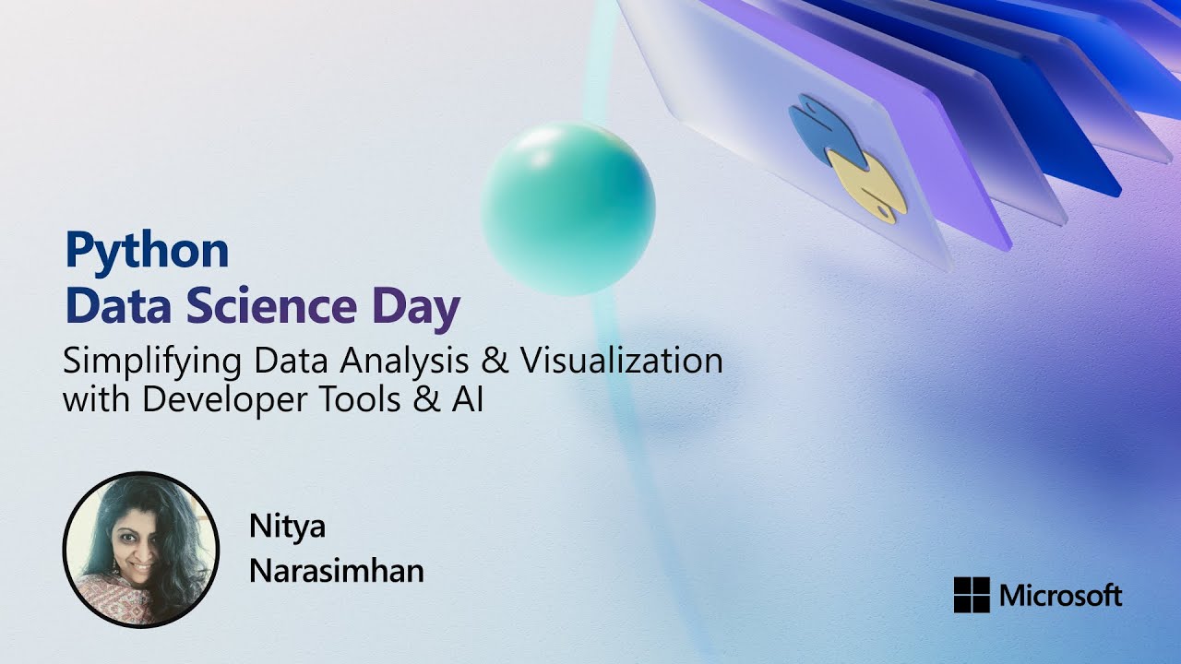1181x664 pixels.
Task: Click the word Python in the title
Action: pos(146,252)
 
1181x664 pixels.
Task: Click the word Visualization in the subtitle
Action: pos(622,360)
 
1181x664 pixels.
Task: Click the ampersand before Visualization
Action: pos(495,360)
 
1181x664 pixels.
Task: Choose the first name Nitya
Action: pos(287,528)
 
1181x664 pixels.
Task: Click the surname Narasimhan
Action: pos(336,571)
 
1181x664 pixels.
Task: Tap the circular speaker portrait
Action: pos(141,550)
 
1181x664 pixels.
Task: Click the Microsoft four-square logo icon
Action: pos(972,595)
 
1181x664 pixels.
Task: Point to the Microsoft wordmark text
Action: pos(1060,596)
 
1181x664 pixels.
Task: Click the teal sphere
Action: pos(568,209)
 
